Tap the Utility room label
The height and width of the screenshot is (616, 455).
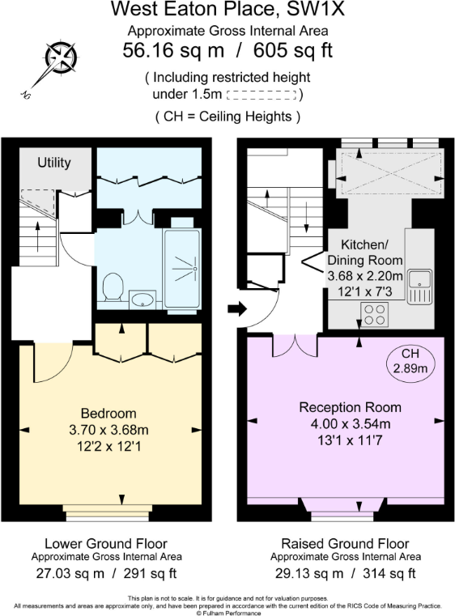pos(54,162)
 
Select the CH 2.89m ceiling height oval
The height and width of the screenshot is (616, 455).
pos(409,361)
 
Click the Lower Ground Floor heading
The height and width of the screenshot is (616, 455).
pos(106,543)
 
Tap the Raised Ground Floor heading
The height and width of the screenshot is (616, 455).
pos(345,543)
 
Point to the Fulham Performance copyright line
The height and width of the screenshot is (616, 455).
pos(227,613)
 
